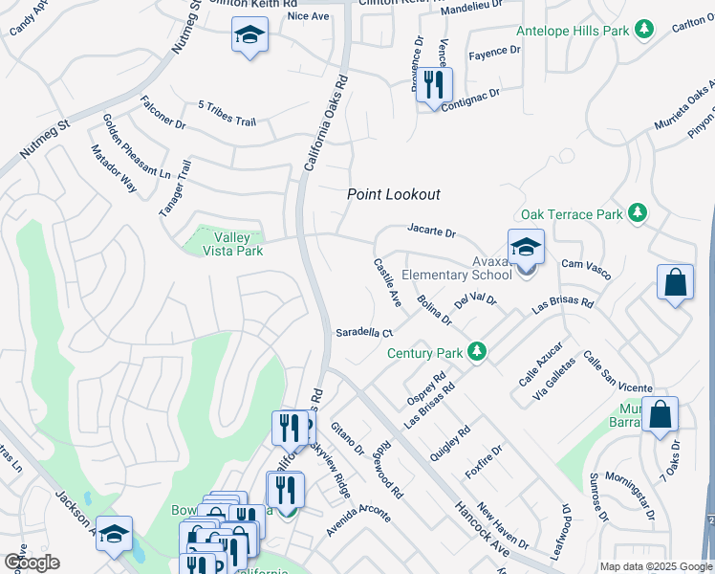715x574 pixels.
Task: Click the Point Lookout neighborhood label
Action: pos(393,194)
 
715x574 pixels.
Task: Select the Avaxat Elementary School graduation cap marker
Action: pos(526,249)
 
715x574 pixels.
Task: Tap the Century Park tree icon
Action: pos(479,353)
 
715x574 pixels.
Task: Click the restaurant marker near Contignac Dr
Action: pos(435,84)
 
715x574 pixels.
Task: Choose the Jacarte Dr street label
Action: pos(432,232)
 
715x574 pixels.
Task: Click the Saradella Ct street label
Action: pos(364,333)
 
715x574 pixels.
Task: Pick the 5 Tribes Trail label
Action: pos(227,110)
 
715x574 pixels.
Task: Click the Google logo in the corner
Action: pos(32,562)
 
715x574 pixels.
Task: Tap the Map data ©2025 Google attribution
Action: pos(655,566)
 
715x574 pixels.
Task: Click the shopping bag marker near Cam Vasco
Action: pos(675,282)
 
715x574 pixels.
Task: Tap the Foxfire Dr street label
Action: pos(484,462)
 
